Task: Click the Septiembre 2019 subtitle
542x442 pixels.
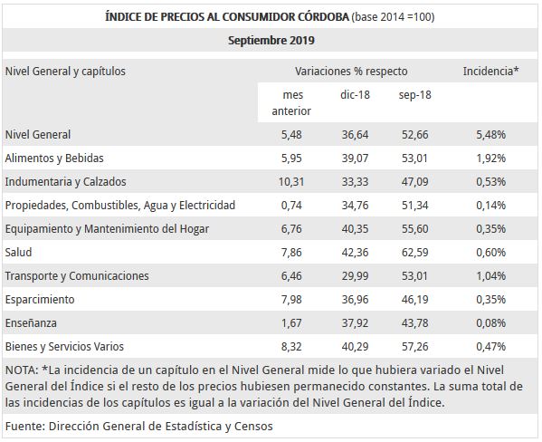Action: (271, 41)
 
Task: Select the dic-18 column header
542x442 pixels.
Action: (355, 94)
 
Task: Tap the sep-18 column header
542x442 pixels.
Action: (413, 94)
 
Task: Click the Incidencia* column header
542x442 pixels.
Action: (490, 71)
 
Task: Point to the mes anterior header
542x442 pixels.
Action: (291, 102)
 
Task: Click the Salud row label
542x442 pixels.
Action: (19, 252)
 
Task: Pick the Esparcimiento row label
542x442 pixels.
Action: (40, 299)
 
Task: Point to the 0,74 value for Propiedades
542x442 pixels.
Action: (292, 205)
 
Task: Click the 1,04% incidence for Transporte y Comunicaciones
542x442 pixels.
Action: (490, 275)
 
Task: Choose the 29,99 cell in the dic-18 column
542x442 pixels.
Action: (355, 275)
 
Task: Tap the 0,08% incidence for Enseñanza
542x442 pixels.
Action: (490, 322)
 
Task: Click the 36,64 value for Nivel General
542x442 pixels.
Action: (355, 134)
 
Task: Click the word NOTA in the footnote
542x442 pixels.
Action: (20, 370)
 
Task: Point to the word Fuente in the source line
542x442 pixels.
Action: (24, 425)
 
